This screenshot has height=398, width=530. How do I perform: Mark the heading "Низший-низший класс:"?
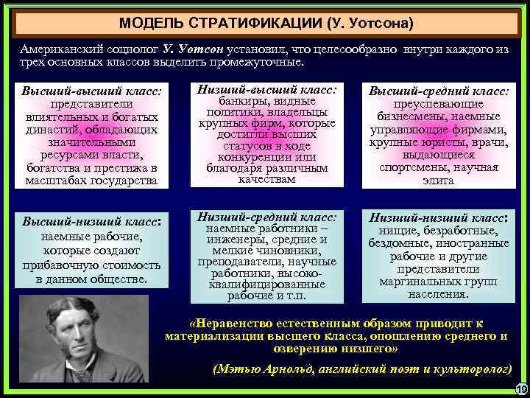[x=439, y=218]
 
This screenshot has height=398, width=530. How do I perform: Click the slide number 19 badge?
[x=521, y=389]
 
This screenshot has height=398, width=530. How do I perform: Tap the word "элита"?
[x=439, y=180]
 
